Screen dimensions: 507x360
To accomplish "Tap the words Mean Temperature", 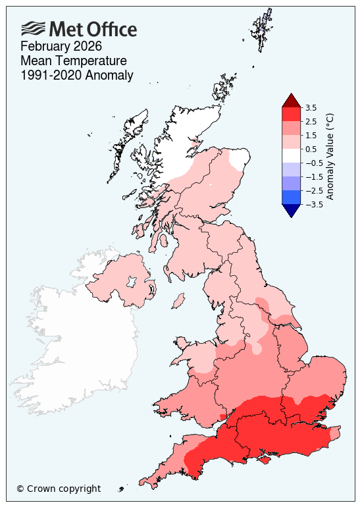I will click(x=74, y=61).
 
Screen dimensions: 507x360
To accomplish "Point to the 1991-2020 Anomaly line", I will click(x=77, y=75).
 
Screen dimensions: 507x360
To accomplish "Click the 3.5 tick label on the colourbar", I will click(x=312, y=107).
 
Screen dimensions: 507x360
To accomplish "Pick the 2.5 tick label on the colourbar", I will click(x=312, y=121).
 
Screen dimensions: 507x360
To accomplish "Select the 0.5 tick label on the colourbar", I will click(x=312, y=149).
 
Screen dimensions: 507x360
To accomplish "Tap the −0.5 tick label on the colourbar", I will click(x=313, y=163).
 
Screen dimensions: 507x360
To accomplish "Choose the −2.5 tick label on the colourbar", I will click(x=313, y=190).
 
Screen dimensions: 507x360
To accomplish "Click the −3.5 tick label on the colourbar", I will click(x=313, y=204).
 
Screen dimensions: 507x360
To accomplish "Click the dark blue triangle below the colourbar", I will click(x=291, y=210).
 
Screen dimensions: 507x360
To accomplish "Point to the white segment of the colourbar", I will click(x=291, y=155).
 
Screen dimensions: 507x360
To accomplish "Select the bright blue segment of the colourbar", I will click(x=291, y=197).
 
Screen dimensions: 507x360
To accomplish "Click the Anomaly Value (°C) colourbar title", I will click(x=330, y=156).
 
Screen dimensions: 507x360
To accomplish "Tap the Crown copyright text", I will click(x=59, y=489).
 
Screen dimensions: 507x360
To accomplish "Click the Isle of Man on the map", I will click(x=177, y=301).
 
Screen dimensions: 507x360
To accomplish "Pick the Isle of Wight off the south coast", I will click(x=264, y=457).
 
